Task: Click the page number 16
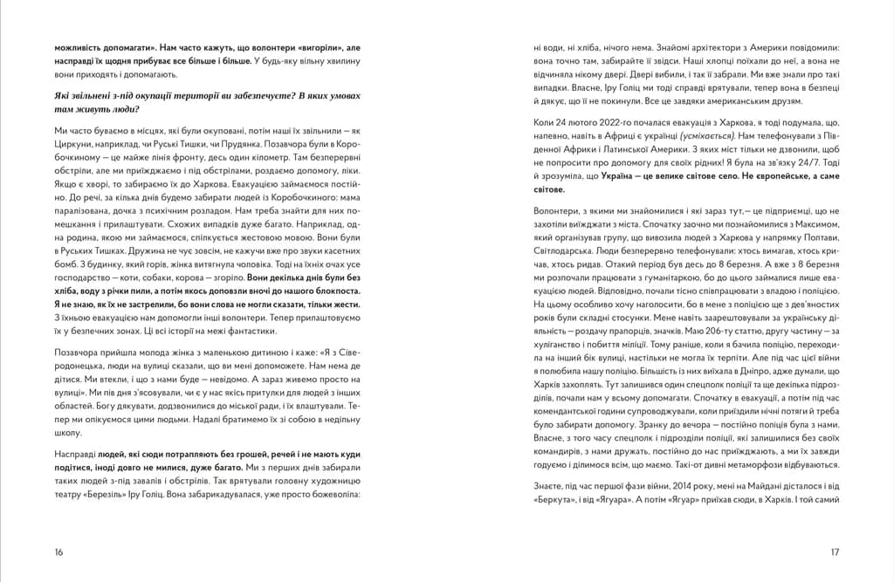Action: click(58, 551)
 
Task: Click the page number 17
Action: click(834, 551)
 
